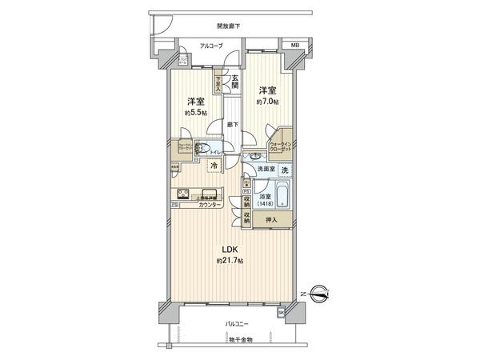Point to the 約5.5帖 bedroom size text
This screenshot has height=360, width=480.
coord(193,112)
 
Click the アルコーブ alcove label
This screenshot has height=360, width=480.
coord(189,46)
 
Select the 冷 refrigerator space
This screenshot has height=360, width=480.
coord(214,166)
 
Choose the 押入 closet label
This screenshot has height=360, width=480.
coord(271,220)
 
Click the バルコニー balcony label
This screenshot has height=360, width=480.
coord(236,323)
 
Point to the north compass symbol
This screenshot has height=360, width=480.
coord(320,295)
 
